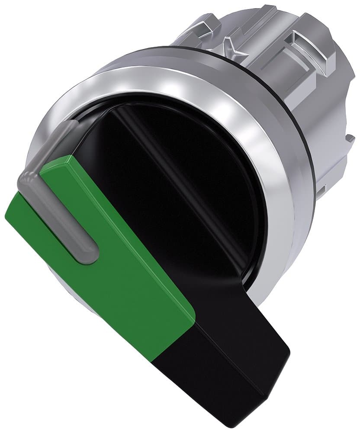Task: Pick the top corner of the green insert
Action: click(65, 157)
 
